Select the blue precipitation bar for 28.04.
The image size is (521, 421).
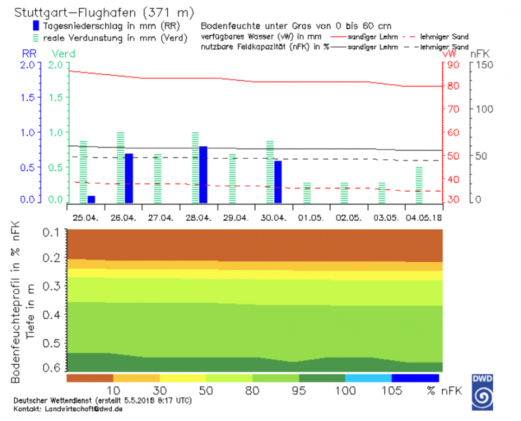pyautogui.click(x=203, y=174)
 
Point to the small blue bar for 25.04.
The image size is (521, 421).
pyautogui.click(x=91, y=199)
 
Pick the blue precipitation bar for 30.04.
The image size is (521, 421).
pyautogui.click(x=278, y=182)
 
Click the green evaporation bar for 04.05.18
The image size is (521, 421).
pyautogui.click(x=419, y=185)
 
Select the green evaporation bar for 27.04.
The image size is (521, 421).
pyautogui.click(x=158, y=178)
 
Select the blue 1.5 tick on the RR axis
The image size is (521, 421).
pyautogui.click(x=27, y=98)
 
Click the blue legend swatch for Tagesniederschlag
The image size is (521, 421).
pyautogui.click(x=36, y=25)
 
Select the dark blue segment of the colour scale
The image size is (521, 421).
pyautogui.click(x=415, y=378)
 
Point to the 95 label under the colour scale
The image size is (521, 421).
pyautogui.click(x=299, y=391)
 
